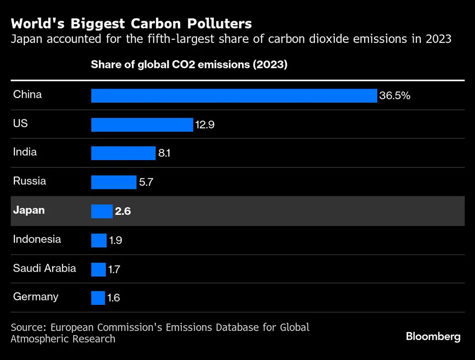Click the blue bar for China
pyautogui.click(x=234, y=96)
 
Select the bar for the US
pyautogui.click(x=142, y=125)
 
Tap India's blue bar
pyautogui.click(x=123, y=153)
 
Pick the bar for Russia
pyautogui.click(x=114, y=182)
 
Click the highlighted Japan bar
pyautogui.click(x=102, y=211)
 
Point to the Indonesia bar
pyautogui.click(x=99, y=240)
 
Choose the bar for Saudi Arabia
pyautogui.click(x=98, y=270)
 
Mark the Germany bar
pyautogui.click(x=98, y=298)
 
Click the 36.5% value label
pyautogui.click(x=394, y=96)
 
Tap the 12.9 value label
pyautogui.click(x=204, y=125)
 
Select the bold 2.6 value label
pyautogui.click(x=123, y=211)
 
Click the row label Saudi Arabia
pyautogui.click(x=44, y=268)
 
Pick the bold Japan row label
pyautogui.click(x=29, y=210)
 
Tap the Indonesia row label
pyautogui.click(x=37, y=239)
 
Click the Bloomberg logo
pyautogui.click(x=433, y=336)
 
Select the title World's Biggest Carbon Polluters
pyautogui.click(x=131, y=24)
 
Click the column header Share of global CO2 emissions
pyautogui.click(x=189, y=65)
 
